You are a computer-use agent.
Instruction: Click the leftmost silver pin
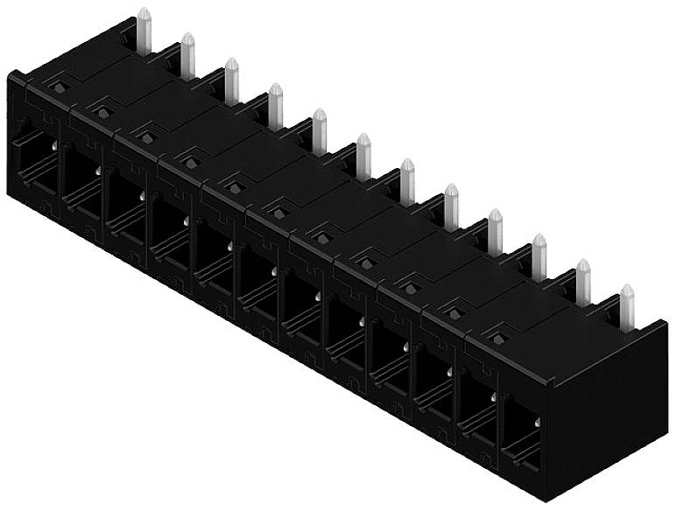tap(145, 31)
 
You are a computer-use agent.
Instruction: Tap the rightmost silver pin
tap(627, 306)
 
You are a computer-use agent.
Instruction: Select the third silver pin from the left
tap(231, 80)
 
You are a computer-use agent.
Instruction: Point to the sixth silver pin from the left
tap(363, 156)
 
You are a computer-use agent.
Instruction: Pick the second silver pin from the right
tap(583, 281)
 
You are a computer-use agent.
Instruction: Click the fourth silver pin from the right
tap(495, 231)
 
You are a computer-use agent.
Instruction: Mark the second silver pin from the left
tap(187, 55)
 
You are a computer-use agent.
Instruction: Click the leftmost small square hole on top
tap(60, 87)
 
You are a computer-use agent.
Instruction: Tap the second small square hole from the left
tap(103, 112)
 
